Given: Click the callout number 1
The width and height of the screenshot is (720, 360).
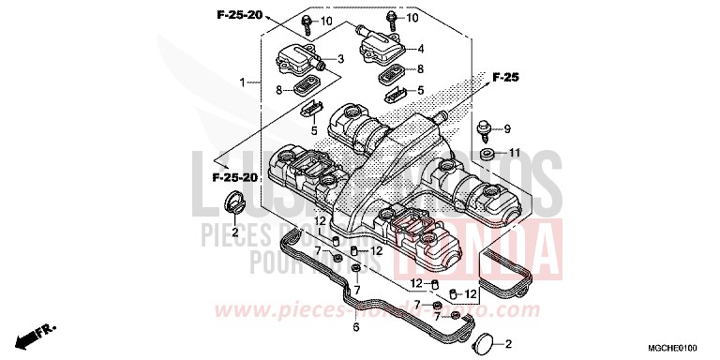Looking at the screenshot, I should tap(242, 82).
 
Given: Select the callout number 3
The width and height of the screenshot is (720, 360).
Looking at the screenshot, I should tap(341, 59).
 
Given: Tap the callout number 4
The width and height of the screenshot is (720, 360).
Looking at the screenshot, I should tap(422, 49).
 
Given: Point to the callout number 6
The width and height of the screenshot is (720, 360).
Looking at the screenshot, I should tap(356, 328).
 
